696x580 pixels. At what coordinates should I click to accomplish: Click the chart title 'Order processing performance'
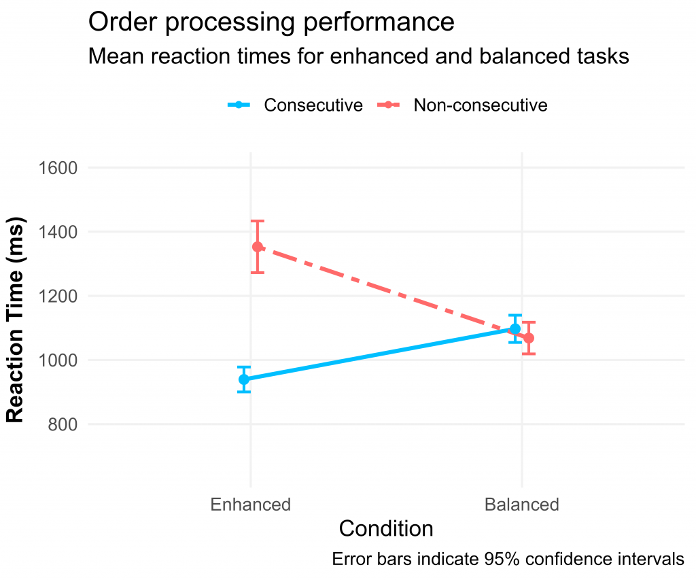pyautogui.click(x=271, y=22)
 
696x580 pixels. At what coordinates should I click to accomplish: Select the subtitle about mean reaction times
pyautogui.click(x=359, y=57)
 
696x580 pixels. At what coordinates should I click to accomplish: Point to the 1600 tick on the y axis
pyautogui.click(x=58, y=168)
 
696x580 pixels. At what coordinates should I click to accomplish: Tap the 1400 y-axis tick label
pyautogui.click(x=58, y=232)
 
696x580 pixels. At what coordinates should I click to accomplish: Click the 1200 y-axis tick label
pyautogui.click(x=58, y=296)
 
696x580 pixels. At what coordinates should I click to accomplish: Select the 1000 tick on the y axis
pyautogui.click(x=58, y=360)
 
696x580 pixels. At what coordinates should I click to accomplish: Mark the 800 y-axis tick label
pyautogui.click(x=62, y=425)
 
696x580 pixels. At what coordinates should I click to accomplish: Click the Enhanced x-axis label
pyautogui.click(x=250, y=505)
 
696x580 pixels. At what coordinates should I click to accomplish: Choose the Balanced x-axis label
pyautogui.click(x=521, y=505)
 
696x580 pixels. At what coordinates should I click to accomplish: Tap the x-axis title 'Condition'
pyautogui.click(x=386, y=529)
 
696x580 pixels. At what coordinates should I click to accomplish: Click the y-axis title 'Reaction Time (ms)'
pyautogui.click(x=16, y=320)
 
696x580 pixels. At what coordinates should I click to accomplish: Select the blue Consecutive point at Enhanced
pyautogui.click(x=244, y=379)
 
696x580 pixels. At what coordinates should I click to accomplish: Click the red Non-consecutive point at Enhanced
pyautogui.click(x=258, y=247)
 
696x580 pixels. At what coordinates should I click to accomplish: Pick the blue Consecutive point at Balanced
pyautogui.click(x=515, y=328)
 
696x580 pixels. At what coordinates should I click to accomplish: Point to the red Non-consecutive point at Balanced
pyautogui.click(x=529, y=338)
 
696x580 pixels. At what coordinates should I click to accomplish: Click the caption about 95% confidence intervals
pyautogui.click(x=508, y=560)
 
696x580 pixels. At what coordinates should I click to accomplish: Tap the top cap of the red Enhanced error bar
pyautogui.click(x=258, y=221)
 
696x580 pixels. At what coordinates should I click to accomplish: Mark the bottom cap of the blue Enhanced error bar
pyautogui.click(x=244, y=392)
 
